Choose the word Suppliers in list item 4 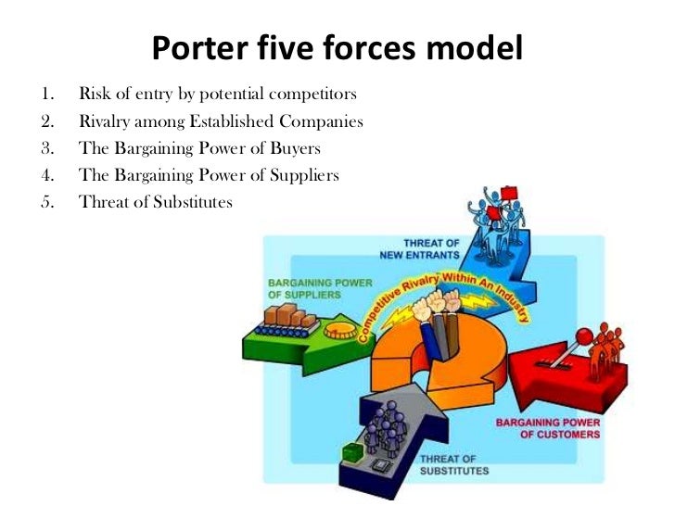302,175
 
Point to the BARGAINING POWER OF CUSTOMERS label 547,428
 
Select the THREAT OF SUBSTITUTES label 453,465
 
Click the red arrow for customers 557,380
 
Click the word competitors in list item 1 315,95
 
